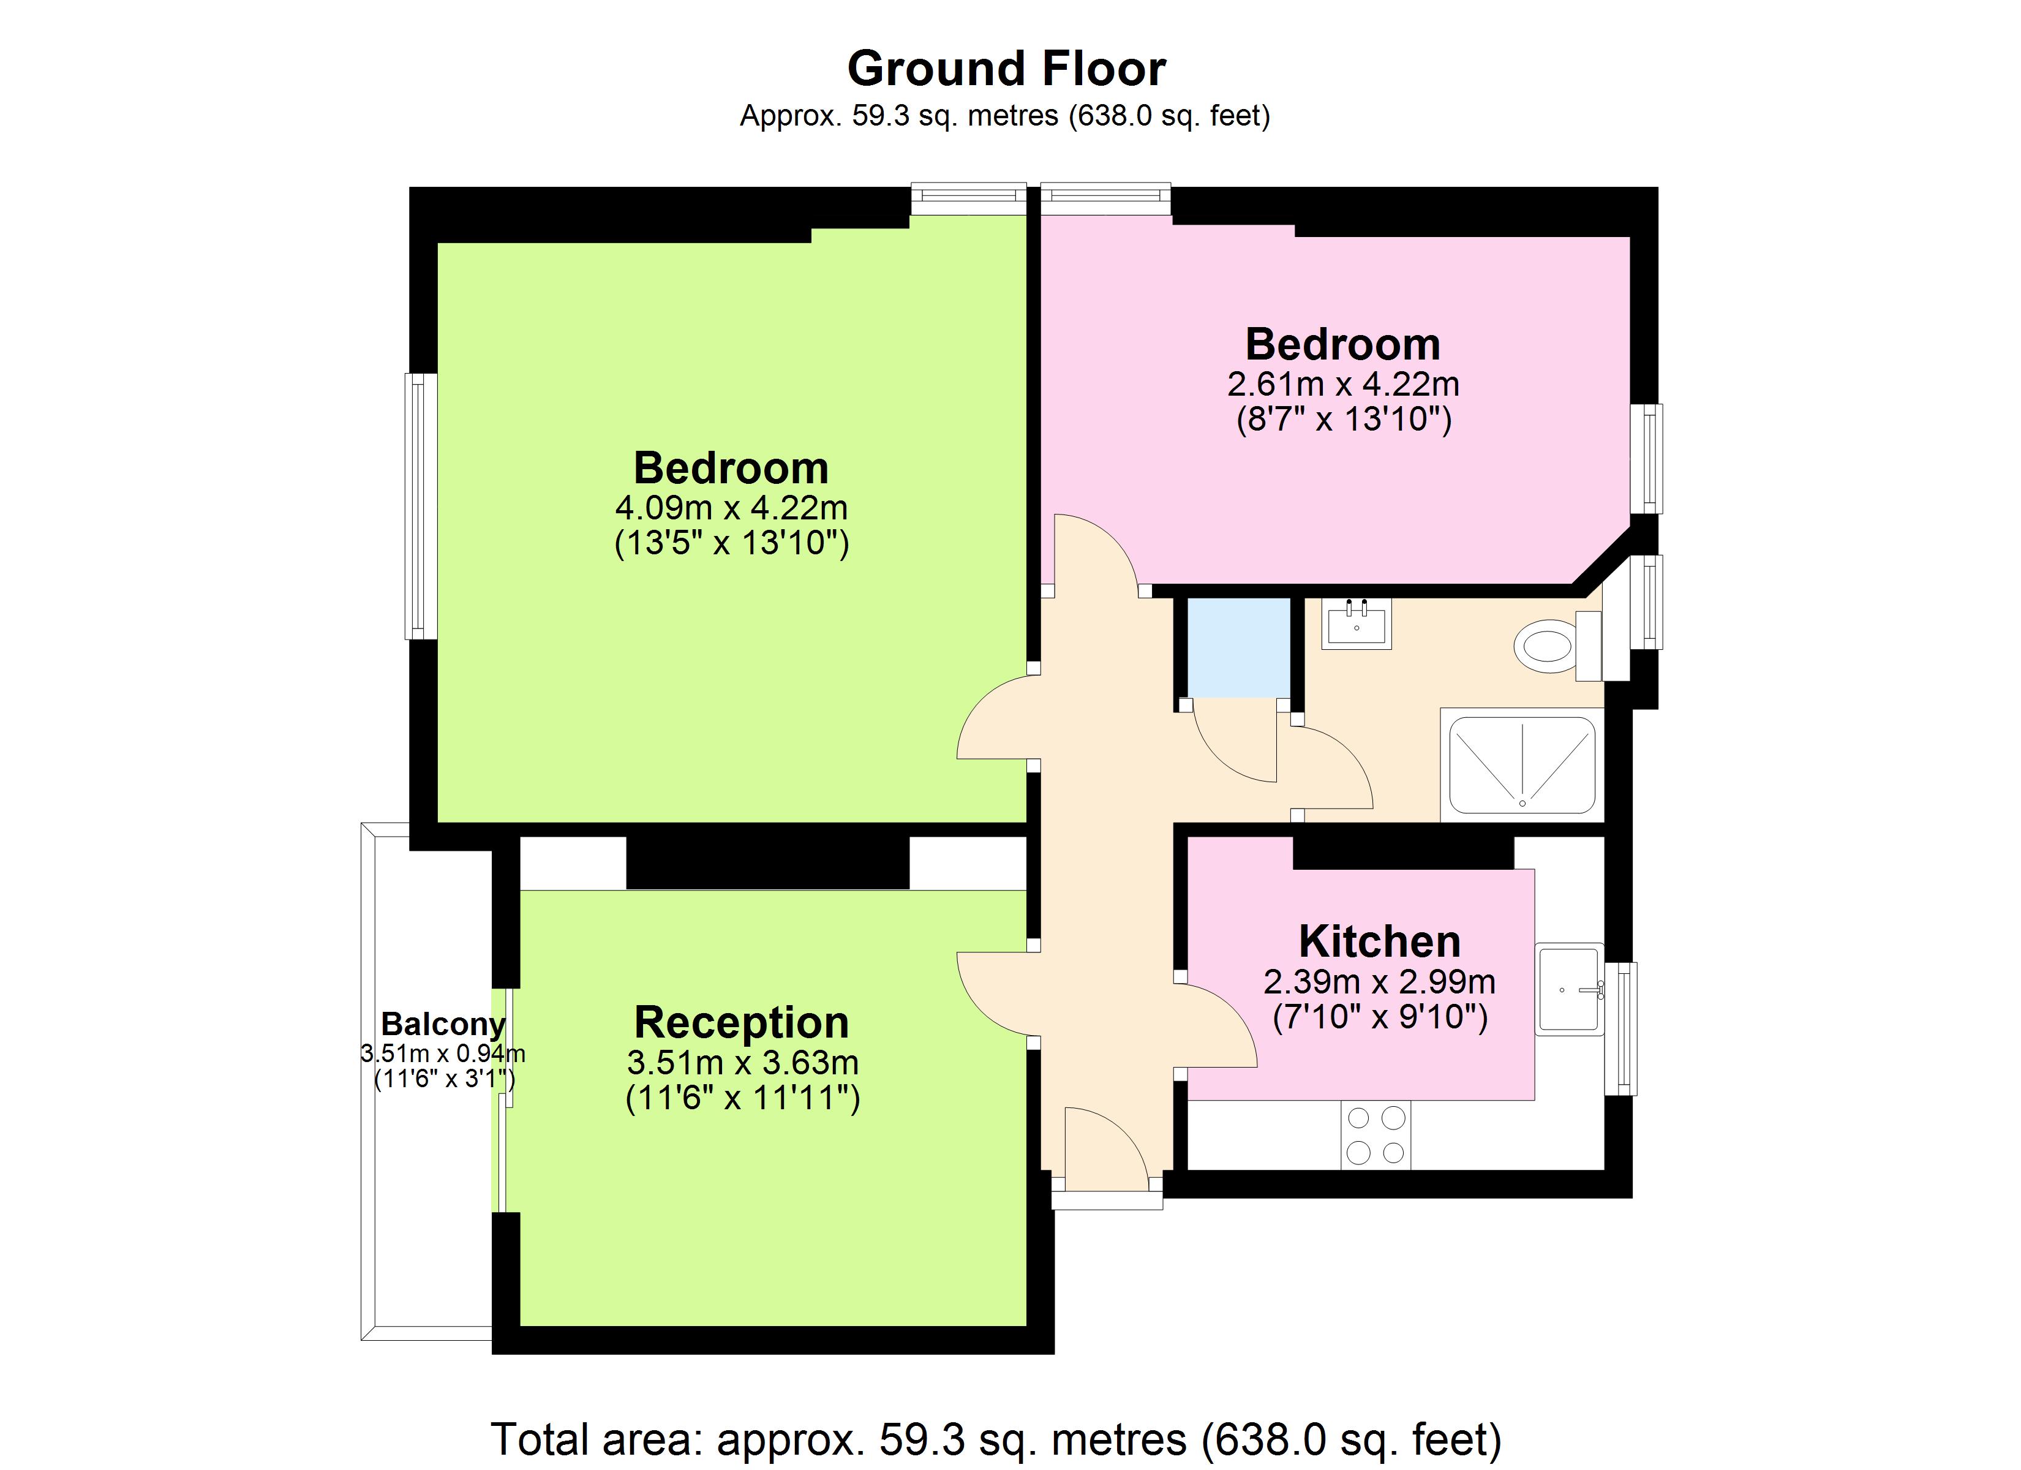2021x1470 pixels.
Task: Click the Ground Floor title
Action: point(1006,69)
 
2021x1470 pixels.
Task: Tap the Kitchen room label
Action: point(1379,941)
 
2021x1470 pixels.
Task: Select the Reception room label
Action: point(742,1022)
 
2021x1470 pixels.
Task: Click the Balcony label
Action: point(443,1024)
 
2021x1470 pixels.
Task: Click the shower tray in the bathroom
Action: point(1522,765)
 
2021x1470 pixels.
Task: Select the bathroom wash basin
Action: point(1357,623)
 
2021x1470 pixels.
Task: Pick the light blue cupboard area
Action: point(1238,647)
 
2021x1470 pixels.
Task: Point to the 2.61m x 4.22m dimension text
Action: point(1343,384)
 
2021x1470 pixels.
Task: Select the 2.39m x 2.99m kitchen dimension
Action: point(1379,981)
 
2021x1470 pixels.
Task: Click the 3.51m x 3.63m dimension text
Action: point(742,1063)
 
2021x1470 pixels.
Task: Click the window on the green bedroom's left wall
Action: point(421,505)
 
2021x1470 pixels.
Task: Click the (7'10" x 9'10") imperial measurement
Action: point(1379,1017)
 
